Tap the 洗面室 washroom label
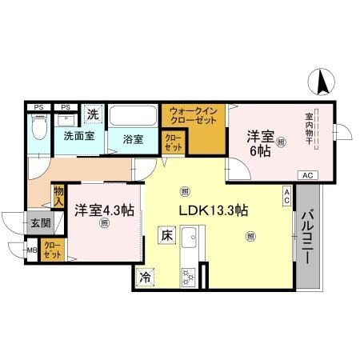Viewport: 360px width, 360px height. click(79, 135)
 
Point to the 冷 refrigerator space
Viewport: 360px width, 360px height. click(146, 278)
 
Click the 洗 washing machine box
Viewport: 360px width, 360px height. click(94, 114)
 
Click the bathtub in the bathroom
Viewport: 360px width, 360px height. click(134, 117)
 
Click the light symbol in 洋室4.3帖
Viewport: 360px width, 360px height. click(103, 225)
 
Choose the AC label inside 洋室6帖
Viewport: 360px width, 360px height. click(307, 174)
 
